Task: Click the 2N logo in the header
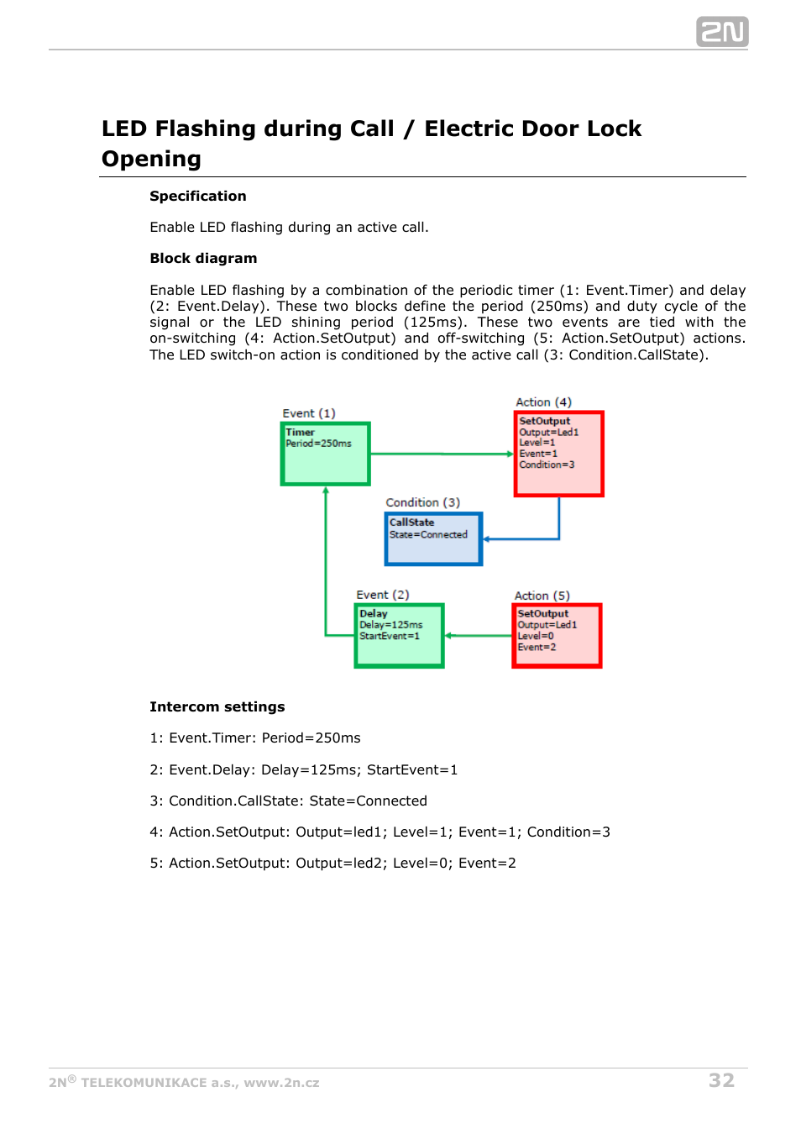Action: coord(721,32)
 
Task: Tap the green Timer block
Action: coord(326,454)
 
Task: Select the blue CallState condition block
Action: coord(433,539)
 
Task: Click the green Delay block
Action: coord(399,636)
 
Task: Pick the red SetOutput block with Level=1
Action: coord(558,454)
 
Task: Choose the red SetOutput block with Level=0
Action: coord(557,636)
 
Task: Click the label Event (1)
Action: coord(309,413)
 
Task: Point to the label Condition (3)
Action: coord(422,502)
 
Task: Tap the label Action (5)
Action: coord(542,596)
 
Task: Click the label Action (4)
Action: coord(543,402)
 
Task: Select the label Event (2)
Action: coord(382,595)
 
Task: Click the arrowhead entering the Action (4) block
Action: coord(510,454)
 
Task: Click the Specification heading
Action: coord(198,196)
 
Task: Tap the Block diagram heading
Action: coord(203,258)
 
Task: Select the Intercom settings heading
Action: coord(217,706)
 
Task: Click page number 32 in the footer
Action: coord(721,1080)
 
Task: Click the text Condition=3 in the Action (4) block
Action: coord(547,465)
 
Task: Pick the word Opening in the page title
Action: coord(151,159)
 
